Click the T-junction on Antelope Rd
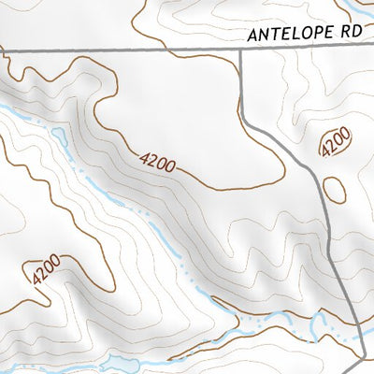(240, 50)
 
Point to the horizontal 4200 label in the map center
(157, 163)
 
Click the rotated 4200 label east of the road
(335, 143)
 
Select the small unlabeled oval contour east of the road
(334, 189)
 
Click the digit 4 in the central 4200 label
(144, 158)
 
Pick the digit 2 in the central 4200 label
(152, 161)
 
